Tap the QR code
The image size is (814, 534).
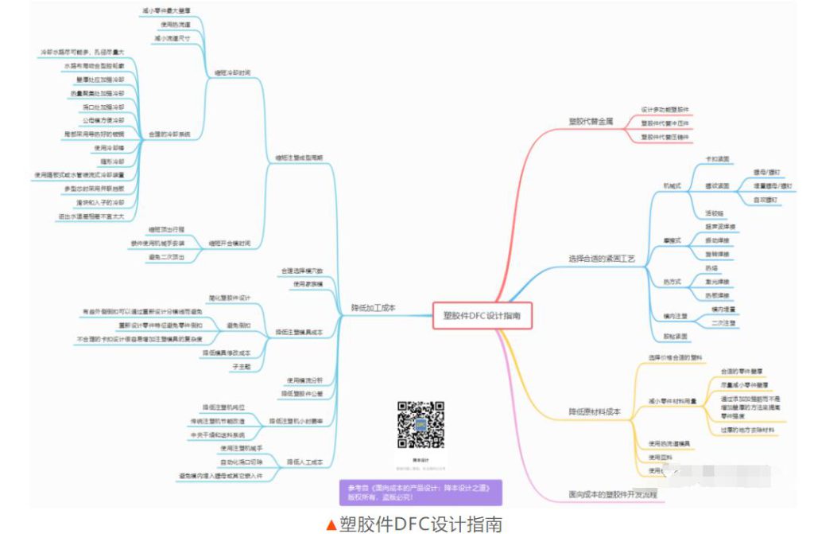(x=421, y=426)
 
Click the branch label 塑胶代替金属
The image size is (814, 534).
(x=591, y=122)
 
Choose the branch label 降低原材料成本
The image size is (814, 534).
(x=594, y=411)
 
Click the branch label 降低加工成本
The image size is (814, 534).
(x=373, y=308)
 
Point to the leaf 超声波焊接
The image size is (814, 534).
(x=721, y=227)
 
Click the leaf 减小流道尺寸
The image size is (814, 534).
(x=172, y=37)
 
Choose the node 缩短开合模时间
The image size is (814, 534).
(x=230, y=242)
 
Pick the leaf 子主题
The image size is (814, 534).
(x=241, y=366)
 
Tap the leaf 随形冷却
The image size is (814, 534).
(x=109, y=160)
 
